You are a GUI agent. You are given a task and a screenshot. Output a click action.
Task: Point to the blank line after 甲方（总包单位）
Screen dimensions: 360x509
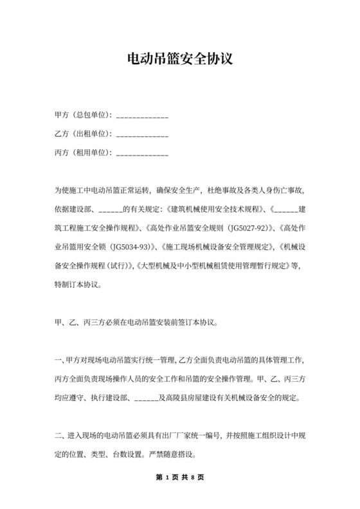tap(142, 117)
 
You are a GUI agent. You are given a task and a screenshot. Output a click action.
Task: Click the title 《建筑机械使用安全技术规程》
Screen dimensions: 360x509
tap(216, 209)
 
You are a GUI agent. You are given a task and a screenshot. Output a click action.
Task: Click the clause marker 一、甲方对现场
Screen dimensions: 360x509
tap(81, 361)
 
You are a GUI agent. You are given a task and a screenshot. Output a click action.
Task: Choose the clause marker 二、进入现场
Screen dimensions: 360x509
tap(81, 437)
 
